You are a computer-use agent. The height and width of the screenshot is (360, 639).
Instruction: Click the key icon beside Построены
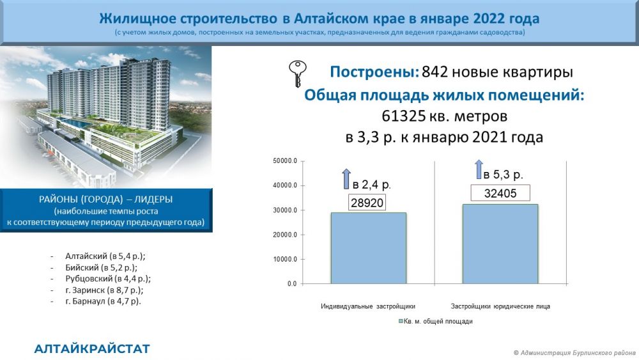(297, 73)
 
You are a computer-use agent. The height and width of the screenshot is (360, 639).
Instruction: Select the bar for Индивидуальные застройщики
(369, 248)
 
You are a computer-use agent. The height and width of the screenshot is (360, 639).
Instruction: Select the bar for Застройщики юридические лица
(500, 244)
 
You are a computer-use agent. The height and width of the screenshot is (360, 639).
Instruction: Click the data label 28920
(367, 203)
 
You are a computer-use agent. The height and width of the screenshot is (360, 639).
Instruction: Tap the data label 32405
(500, 193)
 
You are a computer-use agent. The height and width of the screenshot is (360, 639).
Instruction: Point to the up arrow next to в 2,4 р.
(346, 178)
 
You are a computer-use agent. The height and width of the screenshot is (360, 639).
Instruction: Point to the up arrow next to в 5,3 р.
(479, 169)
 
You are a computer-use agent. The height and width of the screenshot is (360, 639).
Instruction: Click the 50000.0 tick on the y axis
(285, 161)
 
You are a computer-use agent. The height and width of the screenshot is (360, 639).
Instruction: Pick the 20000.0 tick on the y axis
(285, 235)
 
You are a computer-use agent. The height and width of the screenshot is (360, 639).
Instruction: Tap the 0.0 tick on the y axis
(292, 284)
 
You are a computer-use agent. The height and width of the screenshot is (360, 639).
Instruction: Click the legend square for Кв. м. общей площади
(401, 321)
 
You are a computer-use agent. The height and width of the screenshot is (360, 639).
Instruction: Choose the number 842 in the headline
(435, 72)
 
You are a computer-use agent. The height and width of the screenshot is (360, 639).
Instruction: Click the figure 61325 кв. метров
(444, 116)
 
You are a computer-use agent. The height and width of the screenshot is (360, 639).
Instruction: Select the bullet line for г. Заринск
(104, 290)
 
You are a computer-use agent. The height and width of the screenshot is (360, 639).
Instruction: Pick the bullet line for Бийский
(101, 268)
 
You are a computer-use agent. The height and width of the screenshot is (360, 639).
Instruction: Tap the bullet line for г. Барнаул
(103, 302)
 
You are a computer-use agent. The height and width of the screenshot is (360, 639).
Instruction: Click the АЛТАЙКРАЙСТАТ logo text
(92, 349)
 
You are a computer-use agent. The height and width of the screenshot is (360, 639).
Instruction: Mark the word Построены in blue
(374, 72)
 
